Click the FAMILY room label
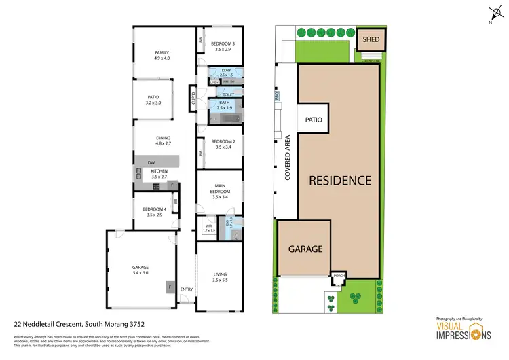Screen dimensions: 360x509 (162, 53)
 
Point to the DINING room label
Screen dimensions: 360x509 (163, 138)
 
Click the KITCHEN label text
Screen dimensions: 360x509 (159, 171)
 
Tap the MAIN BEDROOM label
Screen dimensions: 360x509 (218, 189)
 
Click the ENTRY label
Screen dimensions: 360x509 (187, 290)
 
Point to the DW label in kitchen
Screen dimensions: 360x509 (152, 162)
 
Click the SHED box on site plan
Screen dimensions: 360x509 (371, 39)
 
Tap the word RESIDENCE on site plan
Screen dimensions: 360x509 (340, 181)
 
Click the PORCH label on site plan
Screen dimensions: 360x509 (339, 276)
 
